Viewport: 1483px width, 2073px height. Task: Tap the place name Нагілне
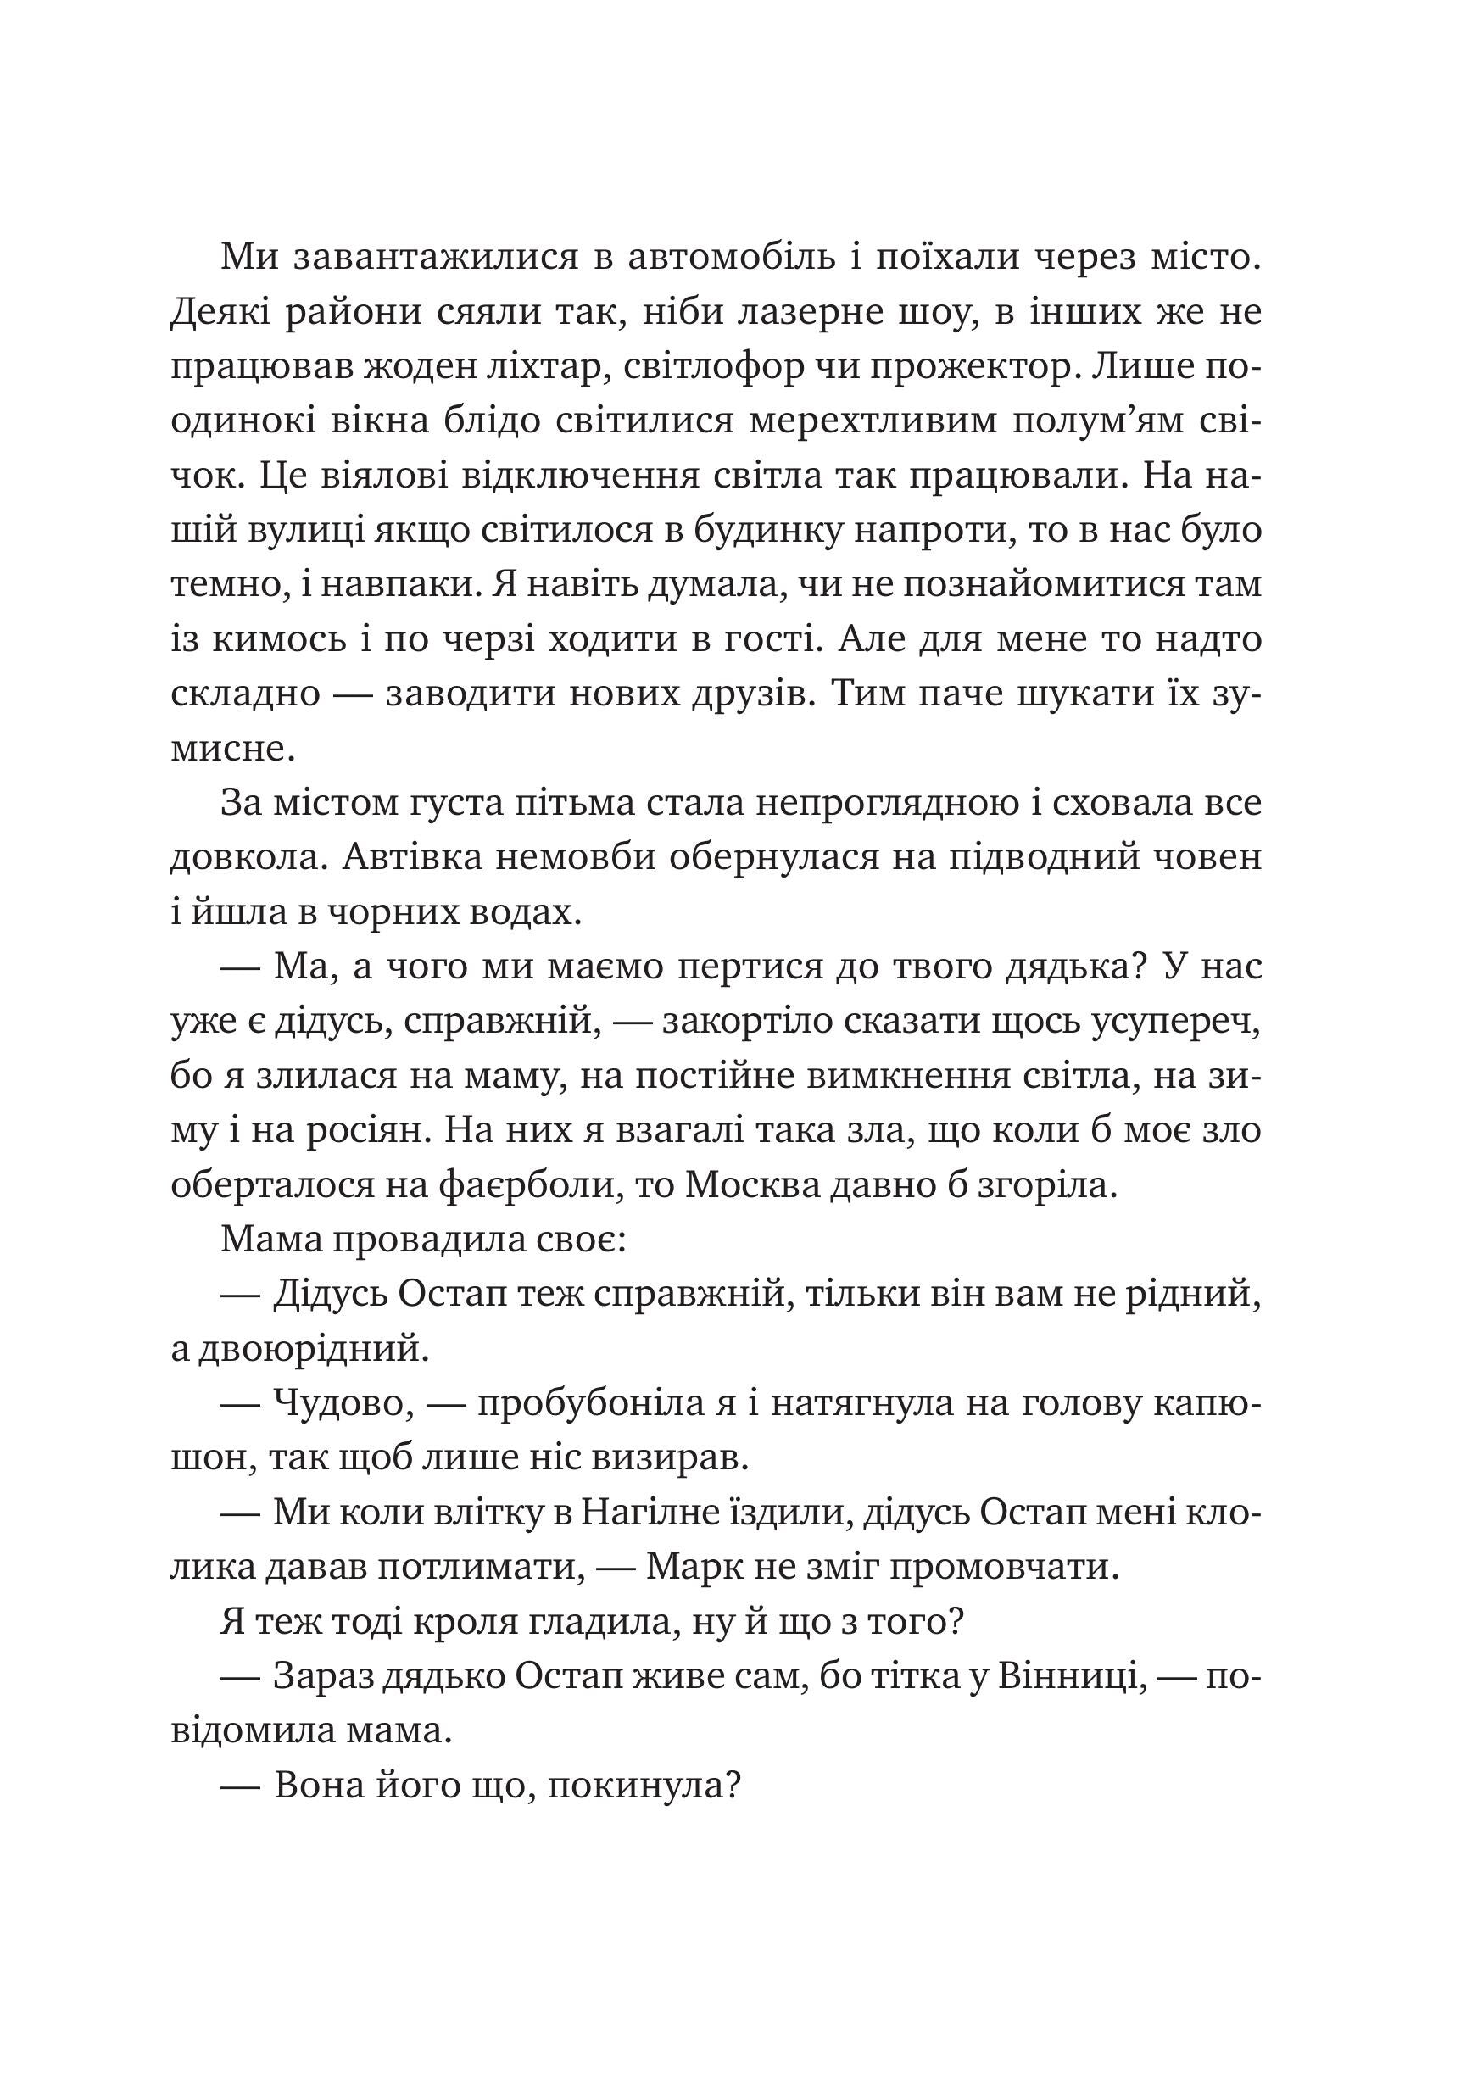click(651, 1513)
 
